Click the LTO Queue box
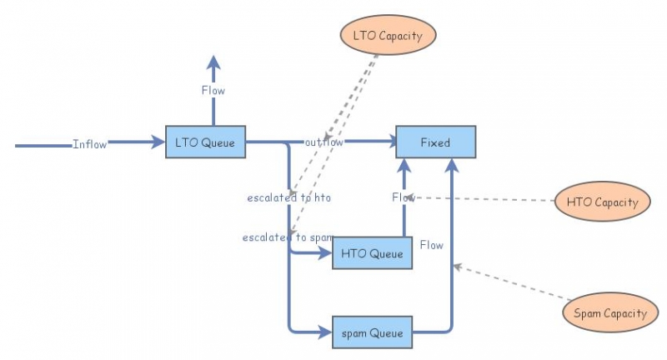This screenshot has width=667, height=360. pyautogui.click(x=206, y=142)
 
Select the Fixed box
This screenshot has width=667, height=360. pyautogui.click(x=435, y=142)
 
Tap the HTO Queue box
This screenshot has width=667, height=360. pyautogui.click(x=373, y=253)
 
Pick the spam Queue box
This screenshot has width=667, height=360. pyautogui.click(x=372, y=333)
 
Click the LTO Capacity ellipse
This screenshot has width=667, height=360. pyautogui.click(x=388, y=36)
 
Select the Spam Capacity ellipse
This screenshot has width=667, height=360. pyautogui.click(x=609, y=313)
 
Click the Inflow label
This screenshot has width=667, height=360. pyautogui.click(x=89, y=144)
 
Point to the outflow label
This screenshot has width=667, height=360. pyautogui.click(x=323, y=142)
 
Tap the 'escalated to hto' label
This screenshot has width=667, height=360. pyautogui.click(x=288, y=197)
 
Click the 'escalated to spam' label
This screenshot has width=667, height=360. pyautogui.click(x=288, y=237)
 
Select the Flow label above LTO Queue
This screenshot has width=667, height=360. pyautogui.click(x=213, y=90)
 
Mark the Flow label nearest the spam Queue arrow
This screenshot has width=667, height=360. pyautogui.click(x=432, y=245)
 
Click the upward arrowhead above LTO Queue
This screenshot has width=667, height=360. pyautogui.click(x=213, y=63)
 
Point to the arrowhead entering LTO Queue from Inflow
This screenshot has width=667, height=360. pyautogui.click(x=158, y=142)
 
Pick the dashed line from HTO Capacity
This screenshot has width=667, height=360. pyautogui.click(x=484, y=199)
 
